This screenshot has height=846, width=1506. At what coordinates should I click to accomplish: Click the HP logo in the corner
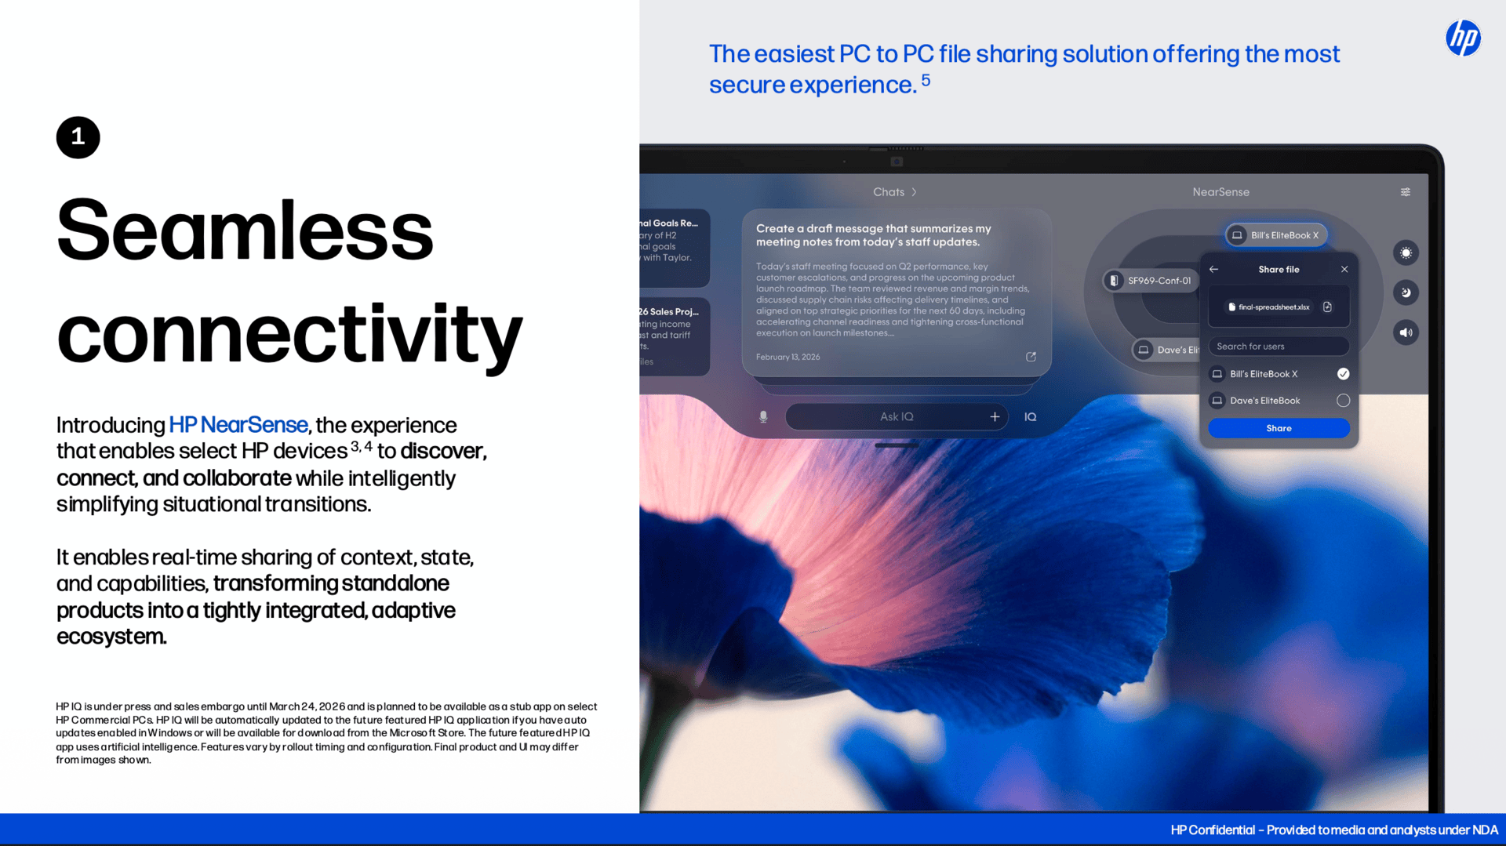click(x=1463, y=38)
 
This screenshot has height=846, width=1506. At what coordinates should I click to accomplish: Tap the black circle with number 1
click(x=78, y=137)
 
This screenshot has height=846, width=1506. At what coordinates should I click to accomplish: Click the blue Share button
click(x=1279, y=428)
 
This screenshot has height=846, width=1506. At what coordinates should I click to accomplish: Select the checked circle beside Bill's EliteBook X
click(x=1343, y=374)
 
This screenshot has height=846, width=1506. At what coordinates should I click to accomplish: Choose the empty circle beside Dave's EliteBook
click(x=1343, y=401)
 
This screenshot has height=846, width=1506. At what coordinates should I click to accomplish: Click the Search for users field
click(x=1279, y=347)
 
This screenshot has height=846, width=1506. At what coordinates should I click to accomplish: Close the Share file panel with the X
click(x=1344, y=269)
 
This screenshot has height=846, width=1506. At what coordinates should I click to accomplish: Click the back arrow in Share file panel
click(x=1214, y=269)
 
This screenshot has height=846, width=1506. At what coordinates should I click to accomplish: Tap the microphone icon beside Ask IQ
click(x=763, y=417)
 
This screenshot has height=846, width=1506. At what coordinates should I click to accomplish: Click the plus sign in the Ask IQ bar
click(x=995, y=417)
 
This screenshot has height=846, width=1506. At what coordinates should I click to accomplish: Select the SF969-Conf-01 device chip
click(x=1151, y=281)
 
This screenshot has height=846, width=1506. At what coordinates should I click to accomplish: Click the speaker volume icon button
click(x=1406, y=332)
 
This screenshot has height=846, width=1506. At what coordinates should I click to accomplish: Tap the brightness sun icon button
click(x=1406, y=252)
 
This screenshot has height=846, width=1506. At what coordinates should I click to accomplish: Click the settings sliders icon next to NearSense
click(x=1406, y=192)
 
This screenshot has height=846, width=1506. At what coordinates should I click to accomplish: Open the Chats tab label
click(x=889, y=192)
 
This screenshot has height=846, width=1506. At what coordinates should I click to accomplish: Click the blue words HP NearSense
click(x=238, y=425)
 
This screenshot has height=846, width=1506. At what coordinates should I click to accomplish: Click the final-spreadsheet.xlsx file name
click(x=1274, y=307)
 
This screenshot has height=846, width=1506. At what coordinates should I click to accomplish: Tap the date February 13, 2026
click(x=788, y=357)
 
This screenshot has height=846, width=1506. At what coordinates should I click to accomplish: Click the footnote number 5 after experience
click(x=926, y=80)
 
